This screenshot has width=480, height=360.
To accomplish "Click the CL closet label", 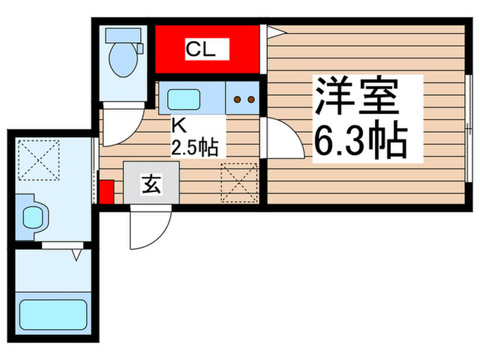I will tap(201, 49).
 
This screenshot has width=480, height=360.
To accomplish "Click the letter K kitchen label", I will tap(179, 126).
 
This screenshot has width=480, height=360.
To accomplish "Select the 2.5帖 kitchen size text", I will tap(195, 146).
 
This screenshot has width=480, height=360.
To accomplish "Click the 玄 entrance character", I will tap(152, 184).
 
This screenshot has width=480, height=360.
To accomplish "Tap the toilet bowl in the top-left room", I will tap(124, 58).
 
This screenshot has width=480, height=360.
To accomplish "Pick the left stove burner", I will tap(237, 99).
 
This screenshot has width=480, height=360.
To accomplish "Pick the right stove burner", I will tap(251, 99).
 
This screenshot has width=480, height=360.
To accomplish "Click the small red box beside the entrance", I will tap(106, 191).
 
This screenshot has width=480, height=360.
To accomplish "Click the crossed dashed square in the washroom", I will tap(38, 160).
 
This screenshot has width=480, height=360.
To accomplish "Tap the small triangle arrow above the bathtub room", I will tap(78, 255).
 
